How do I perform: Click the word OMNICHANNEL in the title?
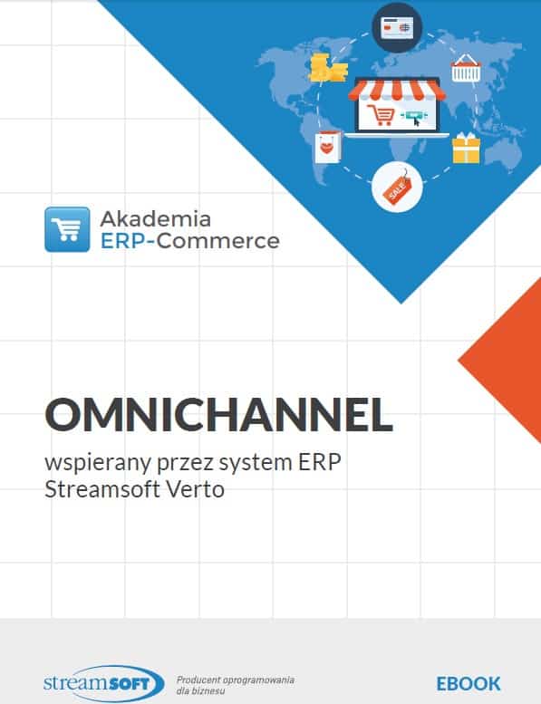(x=218, y=414)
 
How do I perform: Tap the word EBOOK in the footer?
(x=469, y=684)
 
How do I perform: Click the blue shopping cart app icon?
(x=67, y=229)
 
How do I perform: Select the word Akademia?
(x=156, y=219)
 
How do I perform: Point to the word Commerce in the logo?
(x=218, y=241)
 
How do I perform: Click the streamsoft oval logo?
(x=104, y=684)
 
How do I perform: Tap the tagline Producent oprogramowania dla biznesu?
(x=236, y=685)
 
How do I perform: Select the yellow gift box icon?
(x=466, y=149)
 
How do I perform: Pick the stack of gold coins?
(x=328, y=68)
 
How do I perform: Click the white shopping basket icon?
(x=466, y=68)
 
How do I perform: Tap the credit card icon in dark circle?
(x=397, y=27)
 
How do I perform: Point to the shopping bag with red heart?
(x=328, y=148)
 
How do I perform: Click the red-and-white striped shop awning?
(x=396, y=89)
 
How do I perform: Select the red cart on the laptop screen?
(x=381, y=114)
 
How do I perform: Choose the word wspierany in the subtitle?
(x=98, y=463)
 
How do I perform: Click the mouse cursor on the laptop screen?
(x=417, y=121)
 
